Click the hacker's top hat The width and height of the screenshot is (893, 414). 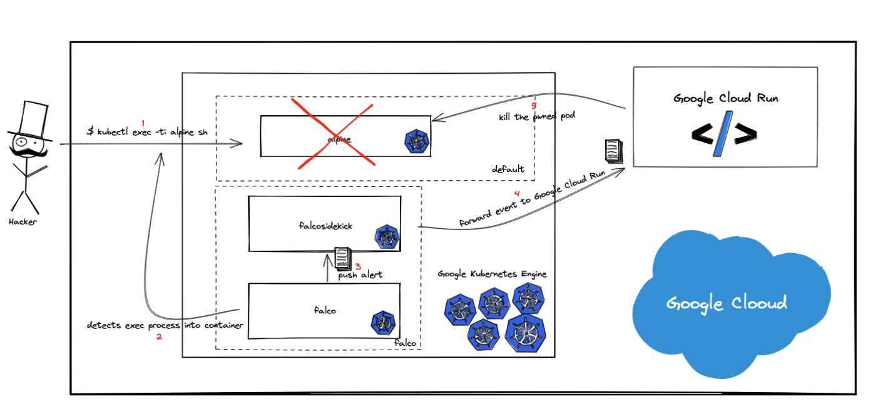pos(29,119)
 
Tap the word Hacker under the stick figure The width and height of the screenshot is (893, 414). pos(23,222)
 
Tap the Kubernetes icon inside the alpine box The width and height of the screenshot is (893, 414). pos(416,141)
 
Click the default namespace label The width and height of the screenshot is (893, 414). pos(508,169)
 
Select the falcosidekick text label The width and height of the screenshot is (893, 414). pos(326,226)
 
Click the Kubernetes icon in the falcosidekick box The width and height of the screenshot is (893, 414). pos(386,237)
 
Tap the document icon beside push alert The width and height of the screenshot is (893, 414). pos(342,256)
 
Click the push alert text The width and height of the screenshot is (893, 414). pos(361,275)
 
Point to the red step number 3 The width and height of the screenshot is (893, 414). pos(358,266)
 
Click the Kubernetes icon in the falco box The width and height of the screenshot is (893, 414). pos(382,322)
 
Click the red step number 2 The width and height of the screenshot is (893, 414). pos(159,336)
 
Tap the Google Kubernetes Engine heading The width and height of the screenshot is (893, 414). pos(492,274)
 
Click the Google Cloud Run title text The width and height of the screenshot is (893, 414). pos(725,98)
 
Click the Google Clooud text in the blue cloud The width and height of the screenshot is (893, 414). pos(726,304)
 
